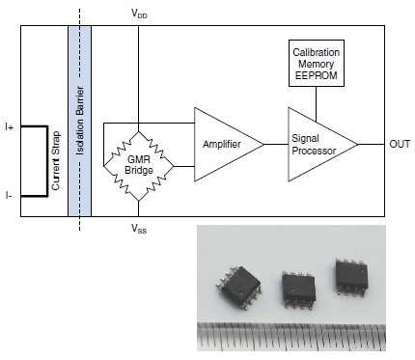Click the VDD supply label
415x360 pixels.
click(139, 14)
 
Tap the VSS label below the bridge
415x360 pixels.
click(139, 229)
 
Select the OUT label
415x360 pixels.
click(400, 144)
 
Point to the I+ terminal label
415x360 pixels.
click(10, 127)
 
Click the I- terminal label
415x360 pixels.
click(9, 195)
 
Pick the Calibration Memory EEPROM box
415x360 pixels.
click(317, 64)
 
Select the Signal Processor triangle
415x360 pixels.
click(322, 145)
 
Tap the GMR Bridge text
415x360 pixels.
click(139, 165)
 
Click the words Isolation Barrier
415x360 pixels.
click(80, 121)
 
